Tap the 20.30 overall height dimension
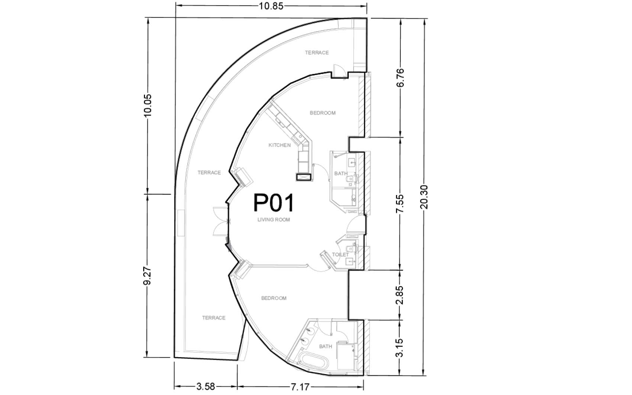424,197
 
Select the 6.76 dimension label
400,78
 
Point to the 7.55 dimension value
400,204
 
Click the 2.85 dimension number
400,295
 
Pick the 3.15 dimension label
400,348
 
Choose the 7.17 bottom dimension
300,387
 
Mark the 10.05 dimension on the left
147,105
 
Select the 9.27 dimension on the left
147,276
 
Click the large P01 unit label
273,203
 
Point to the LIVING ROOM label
274,220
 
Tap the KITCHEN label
280,145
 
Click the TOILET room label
341,255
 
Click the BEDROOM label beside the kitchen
323,113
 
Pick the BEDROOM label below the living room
274,298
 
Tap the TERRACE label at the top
317,53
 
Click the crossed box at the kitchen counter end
304,177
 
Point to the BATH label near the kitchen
341,174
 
